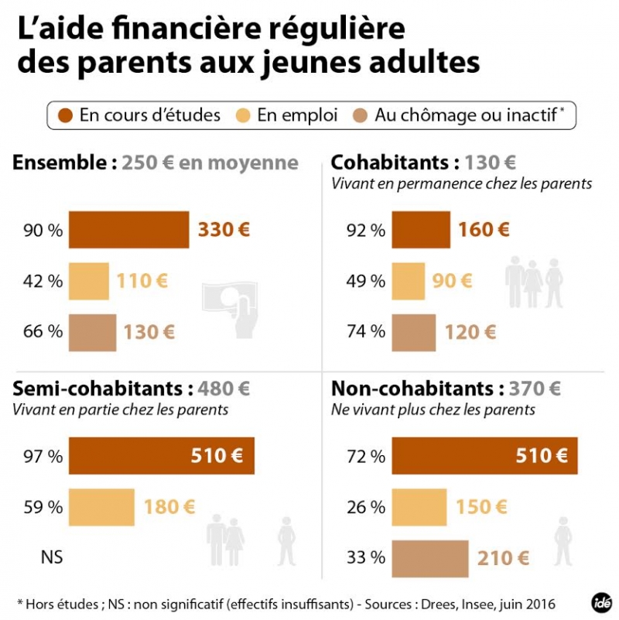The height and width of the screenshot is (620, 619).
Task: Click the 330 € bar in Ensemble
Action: coord(129,230)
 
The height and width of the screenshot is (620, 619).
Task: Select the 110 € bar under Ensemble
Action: coord(89,281)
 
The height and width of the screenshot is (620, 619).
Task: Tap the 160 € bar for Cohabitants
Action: coord(421,230)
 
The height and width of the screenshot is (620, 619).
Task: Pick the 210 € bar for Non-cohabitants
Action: coord(430,557)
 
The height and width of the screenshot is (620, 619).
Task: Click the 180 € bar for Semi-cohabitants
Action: coord(101,507)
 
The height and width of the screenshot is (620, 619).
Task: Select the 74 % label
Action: coord(367,332)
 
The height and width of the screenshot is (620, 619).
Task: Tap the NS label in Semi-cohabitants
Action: coord(52,557)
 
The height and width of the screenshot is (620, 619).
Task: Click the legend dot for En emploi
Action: coord(245,115)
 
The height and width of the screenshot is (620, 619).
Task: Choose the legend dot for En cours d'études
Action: coord(66,115)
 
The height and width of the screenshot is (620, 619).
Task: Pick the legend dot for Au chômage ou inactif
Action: coord(361,115)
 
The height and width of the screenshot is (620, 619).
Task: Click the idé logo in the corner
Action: coord(597,601)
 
